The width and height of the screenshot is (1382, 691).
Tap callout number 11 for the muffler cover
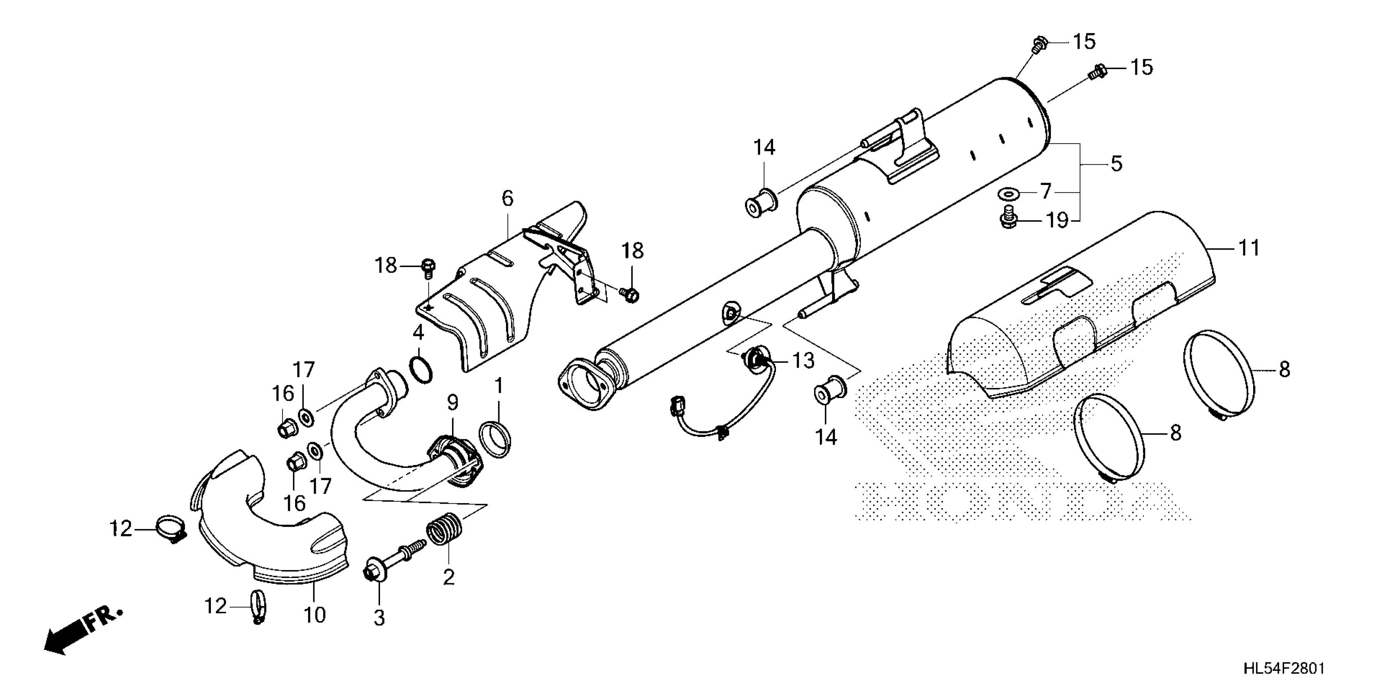pos(1248,248)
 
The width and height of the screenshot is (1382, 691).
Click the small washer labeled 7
pos(1009,193)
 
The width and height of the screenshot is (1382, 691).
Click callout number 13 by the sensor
pos(803,361)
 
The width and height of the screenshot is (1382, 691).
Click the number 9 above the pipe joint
pos(453,402)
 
